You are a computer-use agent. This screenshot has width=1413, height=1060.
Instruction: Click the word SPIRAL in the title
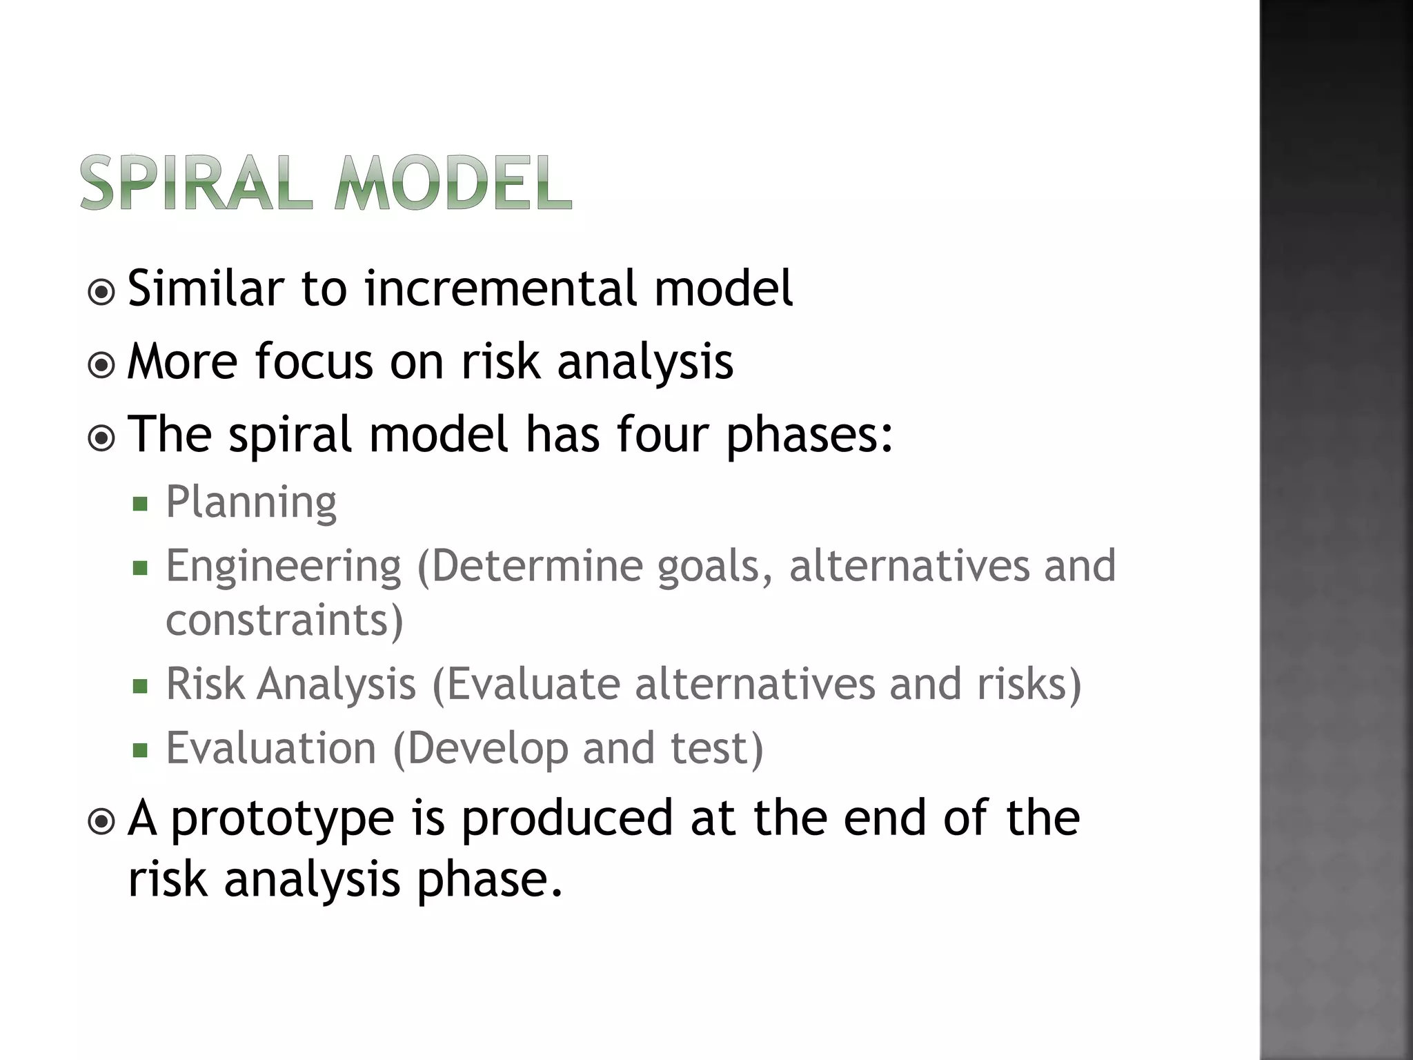click(x=195, y=183)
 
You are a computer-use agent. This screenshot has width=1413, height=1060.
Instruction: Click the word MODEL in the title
click(x=453, y=183)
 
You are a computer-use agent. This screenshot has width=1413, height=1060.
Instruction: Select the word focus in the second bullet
click(x=314, y=362)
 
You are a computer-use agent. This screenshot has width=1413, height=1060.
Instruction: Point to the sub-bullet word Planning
click(x=251, y=503)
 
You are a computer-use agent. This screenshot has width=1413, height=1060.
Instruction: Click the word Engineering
click(x=283, y=567)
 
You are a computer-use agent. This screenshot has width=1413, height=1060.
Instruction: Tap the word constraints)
click(x=284, y=620)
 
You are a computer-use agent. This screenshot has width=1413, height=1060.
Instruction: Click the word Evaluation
click(x=271, y=748)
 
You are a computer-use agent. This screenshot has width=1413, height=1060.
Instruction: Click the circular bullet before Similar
click(x=102, y=293)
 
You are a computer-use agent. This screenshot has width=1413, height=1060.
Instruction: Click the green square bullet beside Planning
click(x=141, y=504)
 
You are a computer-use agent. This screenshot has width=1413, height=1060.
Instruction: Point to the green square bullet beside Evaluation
click(x=141, y=750)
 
